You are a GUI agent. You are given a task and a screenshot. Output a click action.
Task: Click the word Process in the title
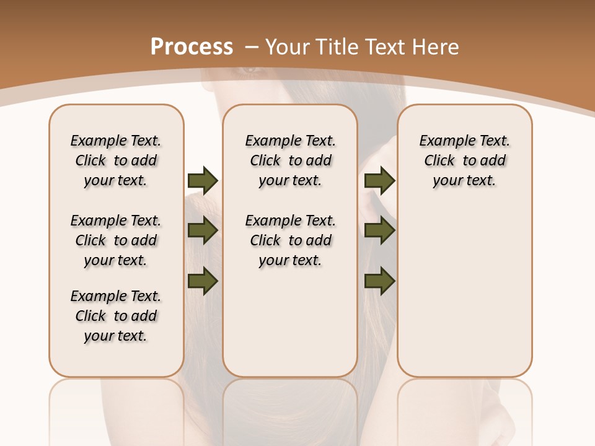pos(192,47)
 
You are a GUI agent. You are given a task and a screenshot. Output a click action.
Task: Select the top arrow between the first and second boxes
pos(202,180)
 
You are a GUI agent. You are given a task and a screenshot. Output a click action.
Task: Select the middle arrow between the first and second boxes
pos(202,230)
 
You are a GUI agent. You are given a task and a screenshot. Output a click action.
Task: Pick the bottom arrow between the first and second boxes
pos(202,281)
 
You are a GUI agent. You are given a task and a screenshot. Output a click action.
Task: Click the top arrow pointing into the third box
pos(379,180)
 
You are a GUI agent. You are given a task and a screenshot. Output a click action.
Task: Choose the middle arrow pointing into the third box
pos(379,230)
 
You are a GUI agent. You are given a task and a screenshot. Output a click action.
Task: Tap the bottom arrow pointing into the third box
pos(379,281)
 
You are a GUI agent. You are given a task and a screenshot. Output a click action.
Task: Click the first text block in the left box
pos(116,160)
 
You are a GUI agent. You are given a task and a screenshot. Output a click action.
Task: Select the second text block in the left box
pos(116,240)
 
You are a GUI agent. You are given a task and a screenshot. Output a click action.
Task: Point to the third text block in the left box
pos(116,316)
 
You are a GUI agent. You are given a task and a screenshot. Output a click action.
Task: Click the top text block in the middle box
pos(290,160)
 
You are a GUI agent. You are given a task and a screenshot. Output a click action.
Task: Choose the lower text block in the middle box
pos(290,240)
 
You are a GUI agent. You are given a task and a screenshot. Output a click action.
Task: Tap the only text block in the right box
pos(464,160)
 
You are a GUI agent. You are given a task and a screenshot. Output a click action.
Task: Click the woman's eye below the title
pos(251,70)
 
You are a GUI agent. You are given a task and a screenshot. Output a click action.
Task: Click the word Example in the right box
pos(441,141)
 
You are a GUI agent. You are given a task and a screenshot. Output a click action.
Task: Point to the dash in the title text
pos(252,47)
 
